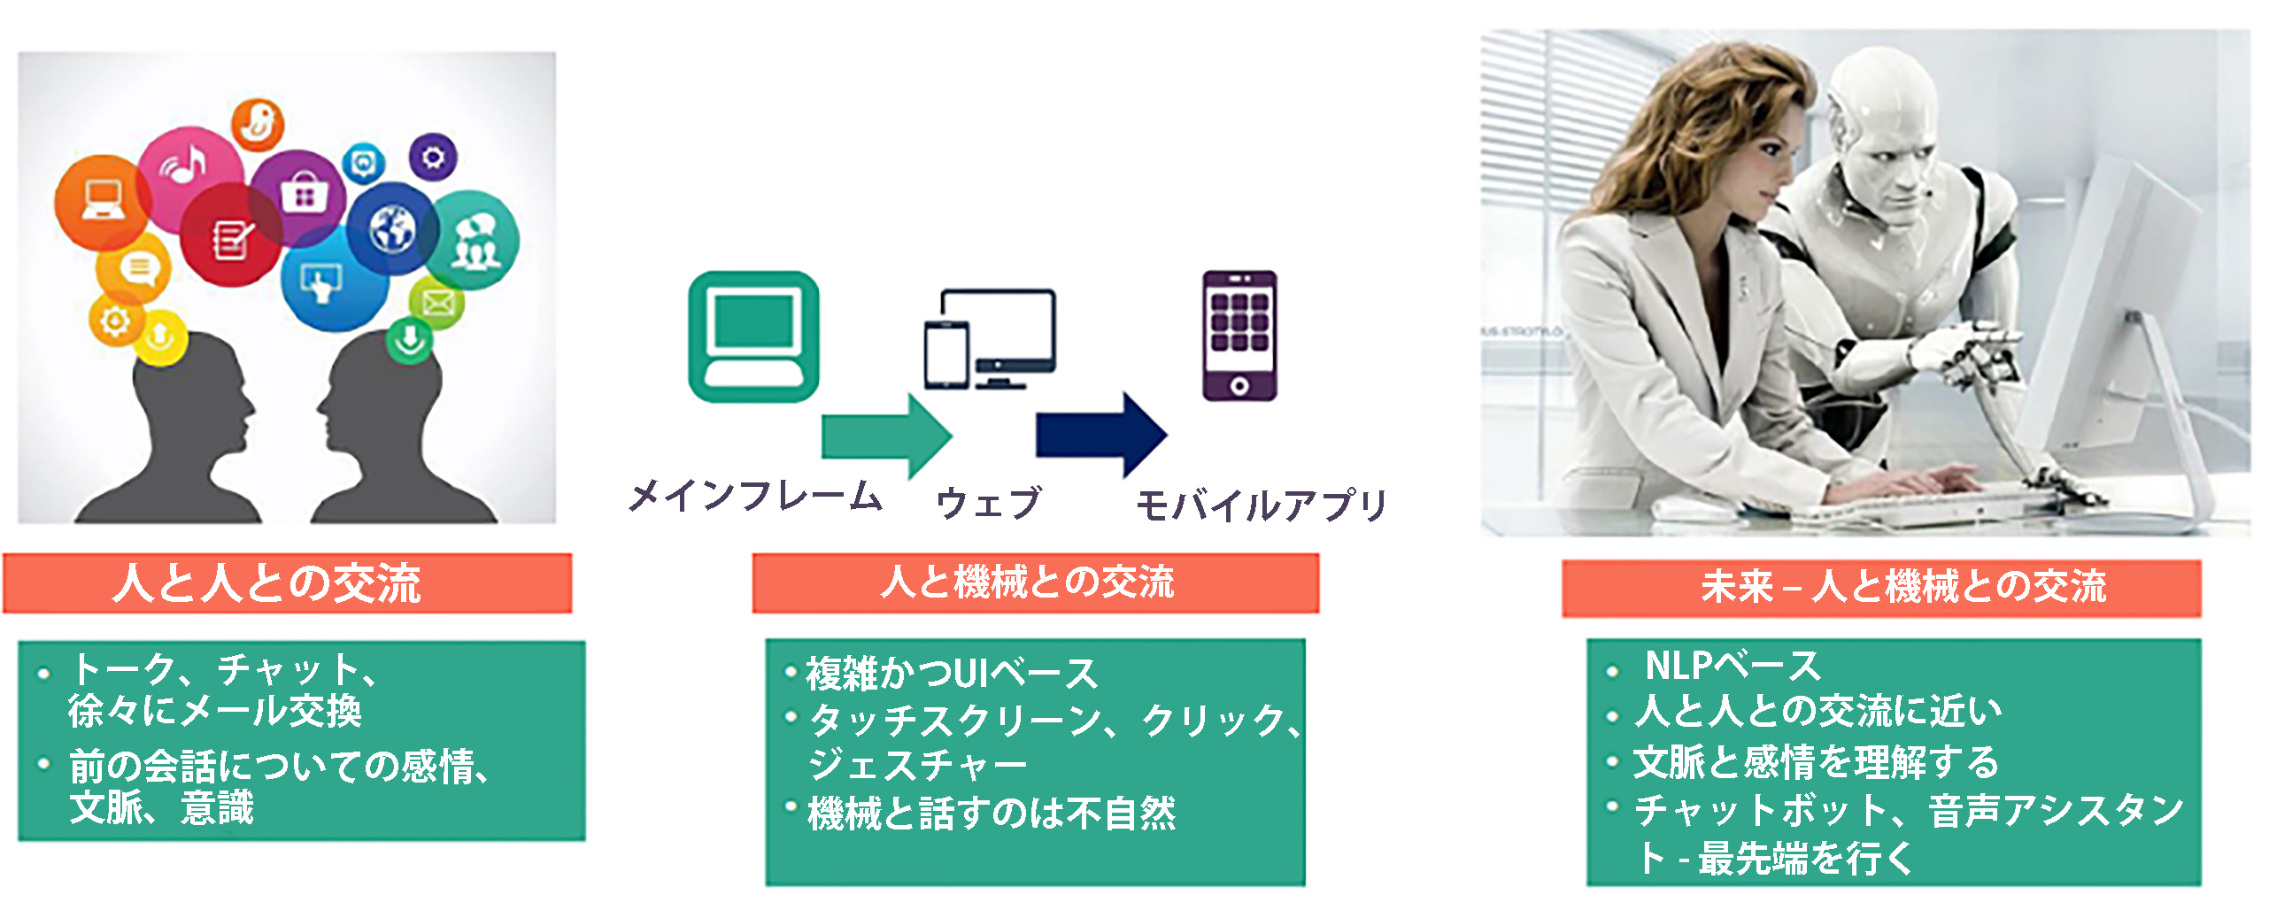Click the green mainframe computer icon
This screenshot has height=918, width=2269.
click(x=753, y=336)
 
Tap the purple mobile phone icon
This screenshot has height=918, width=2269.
click(x=1239, y=336)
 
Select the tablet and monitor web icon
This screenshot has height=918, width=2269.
click(x=990, y=339)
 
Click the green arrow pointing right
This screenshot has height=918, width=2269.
click(x=886, y=436)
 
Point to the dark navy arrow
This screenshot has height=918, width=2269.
click(x=1101, y=435)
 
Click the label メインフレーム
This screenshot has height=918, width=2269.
click(x=755, y=496)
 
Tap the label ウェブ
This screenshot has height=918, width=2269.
click(x=989, y=502)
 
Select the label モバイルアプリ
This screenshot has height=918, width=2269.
click(x=1262, y=505)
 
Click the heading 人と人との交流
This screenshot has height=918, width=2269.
click(x=266, y=583)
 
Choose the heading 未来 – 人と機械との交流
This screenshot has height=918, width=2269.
click(x=1903, y=586)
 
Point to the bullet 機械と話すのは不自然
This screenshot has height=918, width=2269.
click(x=992, y=813)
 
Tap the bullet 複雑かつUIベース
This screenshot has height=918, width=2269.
click(x=952, y=674)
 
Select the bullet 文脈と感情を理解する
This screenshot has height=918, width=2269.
click(x=1816, y=762)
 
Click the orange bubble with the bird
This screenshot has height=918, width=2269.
click(x=258, y=124)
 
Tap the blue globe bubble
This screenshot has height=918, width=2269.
click(x=393, y=229)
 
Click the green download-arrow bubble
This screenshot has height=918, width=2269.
click(x=410, y=340)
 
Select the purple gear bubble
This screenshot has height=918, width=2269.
click(x=433, y=158)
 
